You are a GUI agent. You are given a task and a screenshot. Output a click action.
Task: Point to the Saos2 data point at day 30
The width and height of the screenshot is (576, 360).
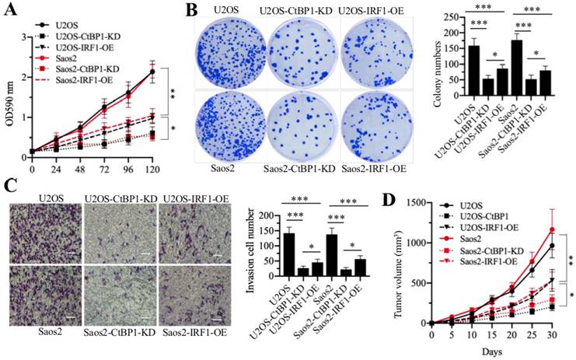pos(553,229)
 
